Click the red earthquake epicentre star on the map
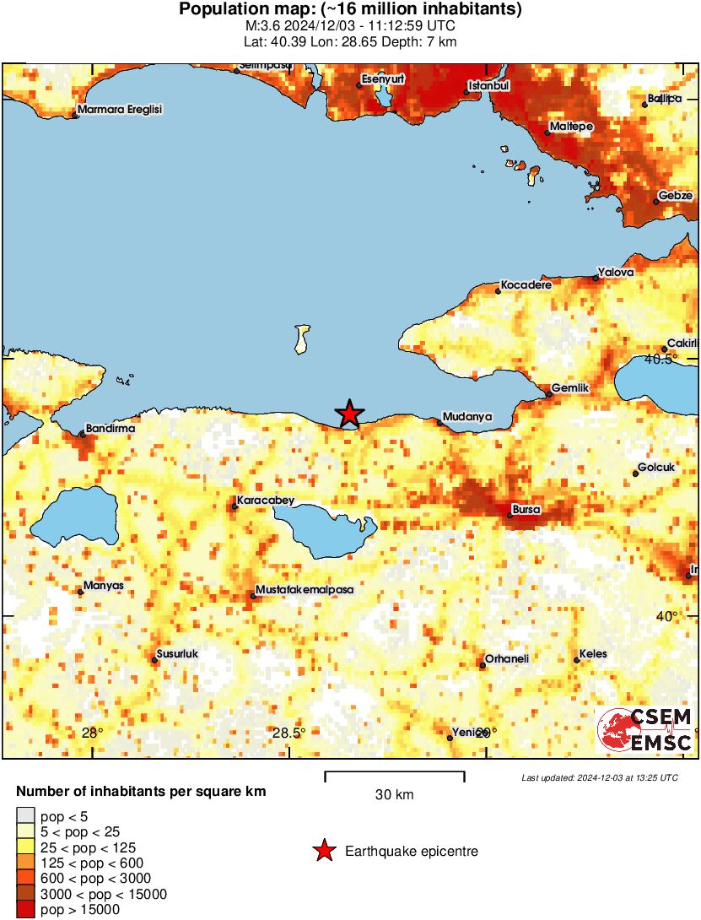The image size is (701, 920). (x=349, y=414)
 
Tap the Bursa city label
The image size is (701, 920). (x=526, y=510)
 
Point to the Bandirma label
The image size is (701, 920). (x=111, y=429)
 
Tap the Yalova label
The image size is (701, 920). (x=616, y=273)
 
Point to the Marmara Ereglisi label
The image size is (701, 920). (x=119, y=110)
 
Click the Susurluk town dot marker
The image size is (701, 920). (x=155, y=660)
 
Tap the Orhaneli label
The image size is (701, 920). (x=506, y=658)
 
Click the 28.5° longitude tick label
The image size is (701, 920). (x=289, y=733)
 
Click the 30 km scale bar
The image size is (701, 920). (x=394, y=773)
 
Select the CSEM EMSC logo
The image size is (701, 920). (x=645, y=730)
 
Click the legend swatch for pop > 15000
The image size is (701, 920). (x=26, y=910)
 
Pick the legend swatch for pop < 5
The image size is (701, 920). (x=26, y=815)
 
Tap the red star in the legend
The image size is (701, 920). (x=324, y=852)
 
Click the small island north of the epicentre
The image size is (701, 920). (x=301, y=339)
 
